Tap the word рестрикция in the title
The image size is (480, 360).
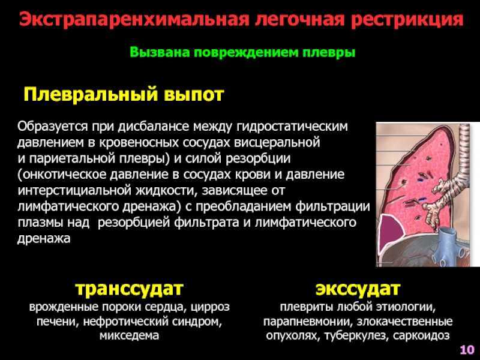tap(407, 20)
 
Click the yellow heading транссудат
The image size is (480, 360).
tap(129, 289)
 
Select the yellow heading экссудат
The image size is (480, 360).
tap(358, 289)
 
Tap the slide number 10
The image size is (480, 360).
tap(467, 349)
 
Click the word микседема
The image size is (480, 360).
tap(129, 336)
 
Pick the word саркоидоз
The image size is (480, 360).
tap(421, 336)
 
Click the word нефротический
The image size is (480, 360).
tap(126, 322)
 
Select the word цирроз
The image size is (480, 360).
tap(210, 307)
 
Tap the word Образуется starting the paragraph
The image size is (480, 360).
tap(52, 127)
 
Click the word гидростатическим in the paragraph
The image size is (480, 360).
tap(292, 127)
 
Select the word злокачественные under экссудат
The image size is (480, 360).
tap(404, 322)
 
